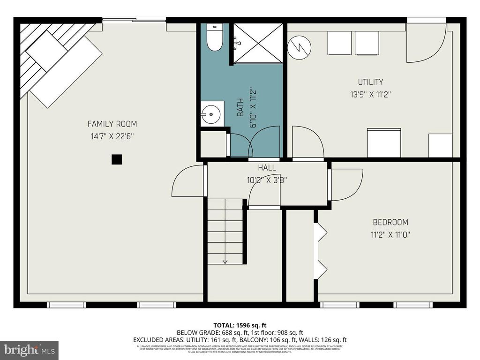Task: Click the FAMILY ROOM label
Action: pyautogui.click(x=112, y=124)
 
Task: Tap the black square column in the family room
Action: pyautogui.click(x=116, y=159)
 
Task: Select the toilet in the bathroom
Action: pyautogui.click(x=216, y=37)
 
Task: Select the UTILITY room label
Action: pyautogui.click(x=370, y=82)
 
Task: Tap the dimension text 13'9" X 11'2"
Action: pyautogui.click(x=370, y=94)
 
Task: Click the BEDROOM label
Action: pyautogui.click(x=390, y=222)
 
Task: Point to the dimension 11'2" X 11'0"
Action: pyautogui.click(x=390, y=234)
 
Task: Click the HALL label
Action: pyautogui.click(x=267, y=167)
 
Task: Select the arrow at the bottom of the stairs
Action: pyautogui.click(x=225, y=261)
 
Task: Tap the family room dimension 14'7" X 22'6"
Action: pyautogui.click(x=112, y=136)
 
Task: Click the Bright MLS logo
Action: pyautogui.click(x=29, y=350)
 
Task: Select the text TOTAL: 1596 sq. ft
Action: pyautogui.click(x=240, y=325)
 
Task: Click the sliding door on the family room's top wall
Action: pyautogui.click(x=134, y=20)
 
